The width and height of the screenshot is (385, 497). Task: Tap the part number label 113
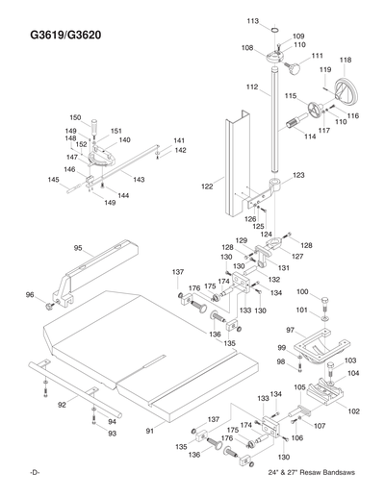252,21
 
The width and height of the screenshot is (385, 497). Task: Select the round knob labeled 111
291,68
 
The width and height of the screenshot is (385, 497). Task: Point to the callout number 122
206,186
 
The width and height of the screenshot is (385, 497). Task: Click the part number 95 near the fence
78,248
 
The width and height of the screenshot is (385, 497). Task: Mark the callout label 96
30,295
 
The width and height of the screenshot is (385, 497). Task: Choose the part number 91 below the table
149,432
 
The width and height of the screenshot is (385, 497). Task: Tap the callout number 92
62,405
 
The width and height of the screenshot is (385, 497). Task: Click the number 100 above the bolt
302,292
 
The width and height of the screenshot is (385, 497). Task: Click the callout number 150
74,116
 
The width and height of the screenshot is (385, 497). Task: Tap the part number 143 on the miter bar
139,180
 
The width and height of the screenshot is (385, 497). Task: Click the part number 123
298,175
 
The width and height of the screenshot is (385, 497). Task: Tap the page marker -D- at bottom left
35,477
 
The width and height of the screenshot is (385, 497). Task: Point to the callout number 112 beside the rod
252,87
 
